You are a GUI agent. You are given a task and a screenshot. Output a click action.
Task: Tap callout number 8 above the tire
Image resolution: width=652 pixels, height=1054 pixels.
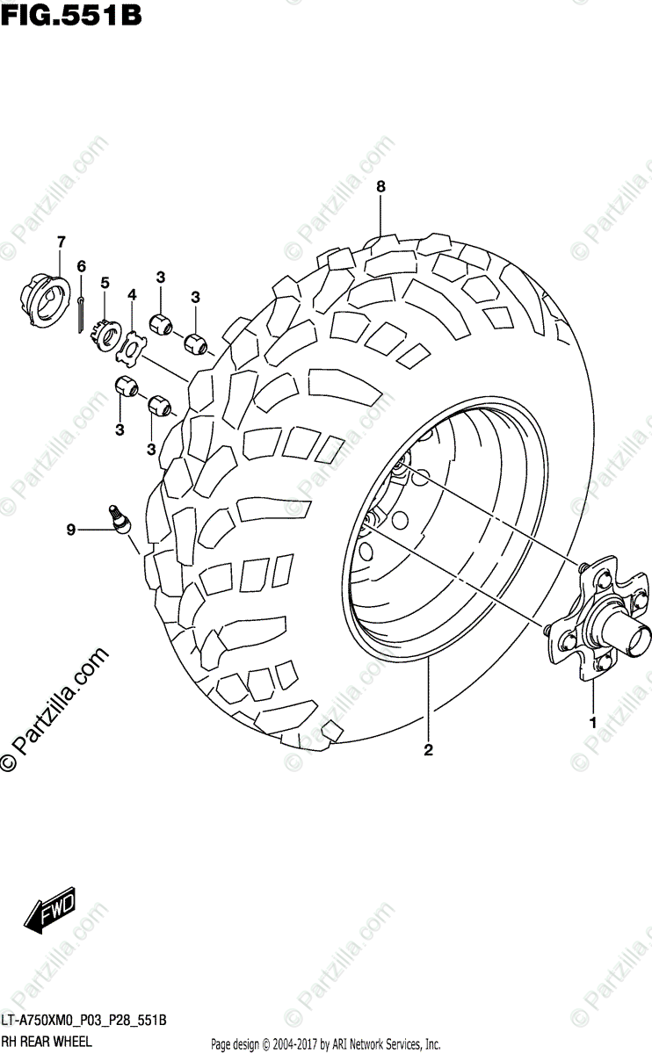[380, 186]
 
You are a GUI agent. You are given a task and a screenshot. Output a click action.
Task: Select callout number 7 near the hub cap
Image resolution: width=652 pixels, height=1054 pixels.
[61, 242]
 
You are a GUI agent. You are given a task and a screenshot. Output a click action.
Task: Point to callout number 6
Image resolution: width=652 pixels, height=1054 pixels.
[81, 266]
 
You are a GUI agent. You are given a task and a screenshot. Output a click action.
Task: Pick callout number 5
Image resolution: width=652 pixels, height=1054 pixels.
[105, 283]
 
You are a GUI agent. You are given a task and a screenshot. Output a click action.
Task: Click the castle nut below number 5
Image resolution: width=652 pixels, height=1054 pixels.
[106, 334]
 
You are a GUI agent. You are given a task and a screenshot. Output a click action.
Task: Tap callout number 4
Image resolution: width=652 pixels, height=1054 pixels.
[132, 295]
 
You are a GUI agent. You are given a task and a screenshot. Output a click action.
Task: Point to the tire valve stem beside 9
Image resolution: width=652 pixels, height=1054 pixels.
[118, 518]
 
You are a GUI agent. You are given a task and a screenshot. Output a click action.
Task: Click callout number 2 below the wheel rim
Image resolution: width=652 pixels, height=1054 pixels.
[428, 749]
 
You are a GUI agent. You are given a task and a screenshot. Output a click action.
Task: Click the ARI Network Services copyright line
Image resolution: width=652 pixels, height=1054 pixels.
[326, 1044]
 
